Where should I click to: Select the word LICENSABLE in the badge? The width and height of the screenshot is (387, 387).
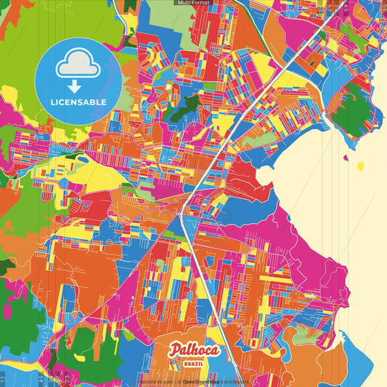click(x=78, y=102)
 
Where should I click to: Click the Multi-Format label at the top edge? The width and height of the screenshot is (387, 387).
click(x=193, y=3)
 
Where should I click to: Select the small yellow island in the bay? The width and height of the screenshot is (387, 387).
click(x=361, y=166)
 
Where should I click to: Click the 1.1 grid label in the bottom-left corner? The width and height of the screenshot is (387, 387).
click(x=3, y=378)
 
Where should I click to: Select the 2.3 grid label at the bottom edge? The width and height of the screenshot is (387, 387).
click(x=67, y=378)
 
